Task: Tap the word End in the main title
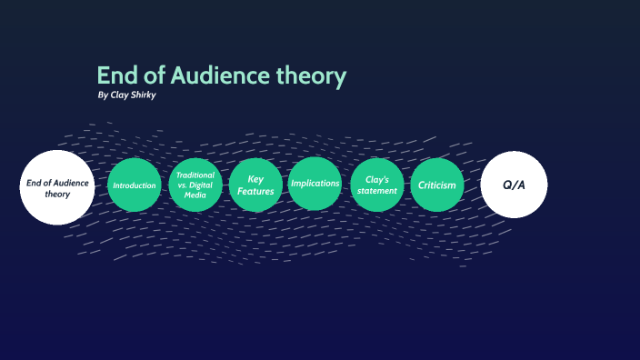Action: pyautogui.click(x=115, y=76)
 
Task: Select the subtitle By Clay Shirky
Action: pyautogui.click(x=126, y=95)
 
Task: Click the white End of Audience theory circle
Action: pyautogui.click(x=57, y=187)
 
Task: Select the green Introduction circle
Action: pyautogui.click(x=134, y=185)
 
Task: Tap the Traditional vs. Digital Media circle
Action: pyautogui.click(x=195, y=185)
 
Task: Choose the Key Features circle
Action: pyautogui.click(x=255, y=185)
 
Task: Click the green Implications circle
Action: pyautogui.click(x=315, y=185)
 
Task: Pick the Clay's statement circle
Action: pyautogui.click(x=376, y=185)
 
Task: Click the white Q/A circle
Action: pyautogui.click(x=514, y=185)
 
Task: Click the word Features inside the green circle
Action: pyautogui.click(x=255, y=192)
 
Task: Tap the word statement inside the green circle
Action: pyautogui.click(x=376, y=191)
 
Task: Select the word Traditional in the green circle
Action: pyautogui.click(x=195, y=175)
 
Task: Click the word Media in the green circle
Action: pyautogui.click(x=195, y=195)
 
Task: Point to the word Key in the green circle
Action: pyautogui.click(x=255, y=179)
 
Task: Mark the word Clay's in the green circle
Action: pyautogui.click(x=376, y=179)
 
